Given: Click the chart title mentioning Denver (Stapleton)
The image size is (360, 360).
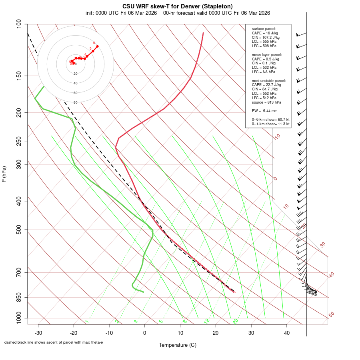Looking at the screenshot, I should click(x=178, y=6).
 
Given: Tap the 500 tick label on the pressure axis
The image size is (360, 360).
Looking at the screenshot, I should click(x=19, y=230).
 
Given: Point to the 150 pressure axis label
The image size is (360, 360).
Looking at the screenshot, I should click(x=19, y=76).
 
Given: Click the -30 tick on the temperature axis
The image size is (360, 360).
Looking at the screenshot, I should click(x=38, y=333).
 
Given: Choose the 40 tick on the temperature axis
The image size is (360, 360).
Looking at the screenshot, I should click(x=286, y=333).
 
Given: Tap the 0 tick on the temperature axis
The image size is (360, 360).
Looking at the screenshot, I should click(x=145, y=333).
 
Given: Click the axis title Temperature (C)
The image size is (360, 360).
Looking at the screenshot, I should click(x=178, y=345).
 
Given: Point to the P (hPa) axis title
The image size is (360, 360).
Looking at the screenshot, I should click(x=4, y=174).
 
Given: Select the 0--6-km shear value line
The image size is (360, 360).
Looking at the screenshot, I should click(x=270, y=120).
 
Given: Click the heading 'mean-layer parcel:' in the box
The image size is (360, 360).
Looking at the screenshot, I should click(x=266, y=54).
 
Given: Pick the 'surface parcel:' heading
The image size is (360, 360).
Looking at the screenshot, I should click(x=264, y=29).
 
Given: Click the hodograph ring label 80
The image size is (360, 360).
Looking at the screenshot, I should click(x=76, y=102).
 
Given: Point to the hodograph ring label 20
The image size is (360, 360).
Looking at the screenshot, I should click(x=76, y=74).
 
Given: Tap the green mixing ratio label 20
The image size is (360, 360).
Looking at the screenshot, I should click(x=236, y=321).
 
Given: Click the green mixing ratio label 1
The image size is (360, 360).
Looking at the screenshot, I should click(x=87, y=321).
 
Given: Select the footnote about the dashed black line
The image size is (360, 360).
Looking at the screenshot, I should click(x=54, y=342).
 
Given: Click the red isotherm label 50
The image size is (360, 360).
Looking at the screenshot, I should click(x=331, y=315).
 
